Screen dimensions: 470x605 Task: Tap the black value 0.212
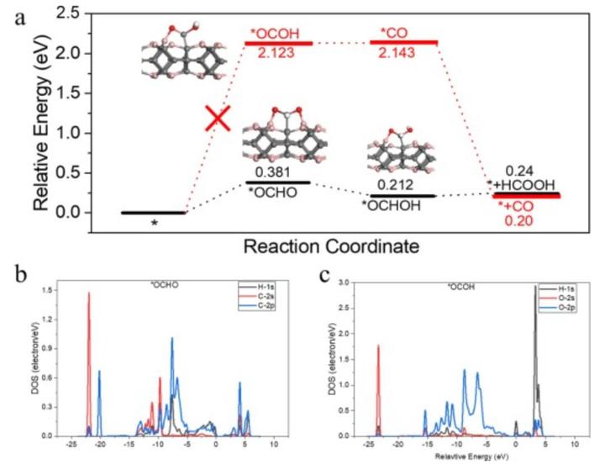coord(393,184)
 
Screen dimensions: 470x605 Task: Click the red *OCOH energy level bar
coord(278,43)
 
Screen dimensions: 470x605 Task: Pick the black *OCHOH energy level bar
coord(403,195)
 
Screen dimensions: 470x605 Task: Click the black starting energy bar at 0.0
coord(153,213)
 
